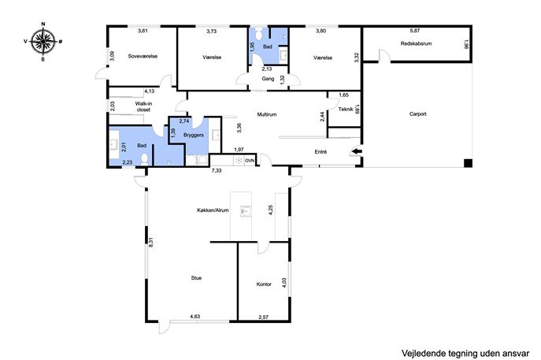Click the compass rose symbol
coord(43,42)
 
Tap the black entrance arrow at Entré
coord(357,151)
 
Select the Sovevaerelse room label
coord(143,56)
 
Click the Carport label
coord(418,114)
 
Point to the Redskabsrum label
coord(416,44)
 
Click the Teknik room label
coord(346,109)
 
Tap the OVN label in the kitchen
coord(250,161)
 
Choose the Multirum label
coord(267,114)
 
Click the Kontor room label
coord(264,284)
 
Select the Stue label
coord(196,278)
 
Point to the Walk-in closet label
coord(143,106)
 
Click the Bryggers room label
coord(194,135)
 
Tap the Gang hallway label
coord(268,79)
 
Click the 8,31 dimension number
coord(150,242)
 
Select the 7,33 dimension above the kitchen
coord(217,170)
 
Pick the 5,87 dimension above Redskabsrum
coord(415,31)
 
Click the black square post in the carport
coord(468,163)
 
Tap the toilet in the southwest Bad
coord(145,159)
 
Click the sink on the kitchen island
coord(246,210)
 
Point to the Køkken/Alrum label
coord(213,210)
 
